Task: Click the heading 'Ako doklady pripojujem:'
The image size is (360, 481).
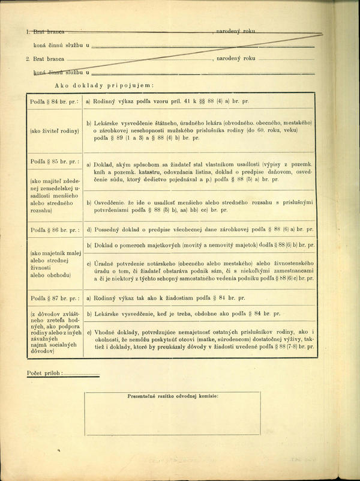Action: point(105,85)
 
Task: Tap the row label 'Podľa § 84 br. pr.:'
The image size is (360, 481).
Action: point(54,102)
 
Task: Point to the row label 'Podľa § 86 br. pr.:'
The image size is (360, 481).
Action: point(54,229)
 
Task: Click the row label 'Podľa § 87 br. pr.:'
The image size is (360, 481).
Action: point(54,298)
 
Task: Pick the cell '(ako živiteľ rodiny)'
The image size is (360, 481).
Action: point(54,131)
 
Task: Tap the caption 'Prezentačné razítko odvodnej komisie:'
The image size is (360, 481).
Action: point(172,397)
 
